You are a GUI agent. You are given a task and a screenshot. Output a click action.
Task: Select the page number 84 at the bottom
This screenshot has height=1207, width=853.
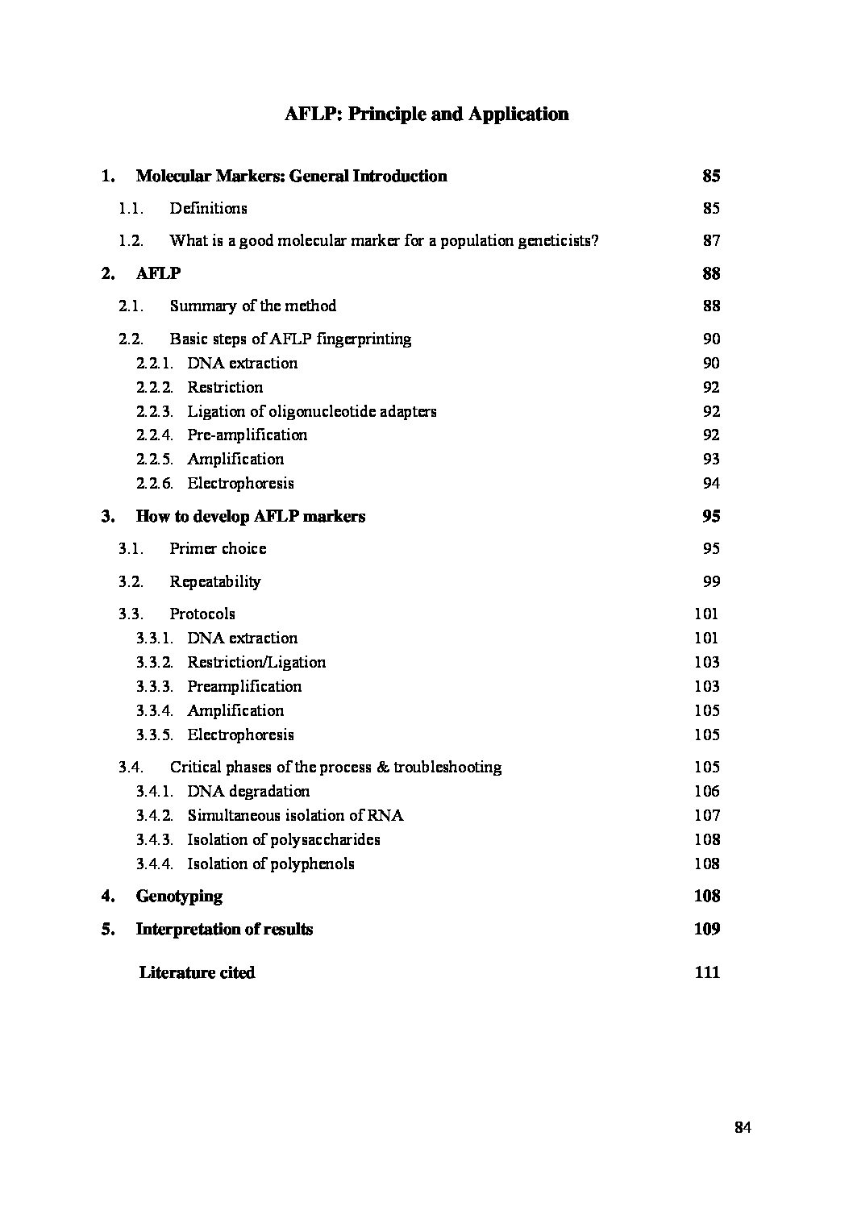pyautogui.click(x=743, y=1127)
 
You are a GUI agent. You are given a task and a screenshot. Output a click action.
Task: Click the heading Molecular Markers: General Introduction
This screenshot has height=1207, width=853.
pyautogui.click(x=291, y=176)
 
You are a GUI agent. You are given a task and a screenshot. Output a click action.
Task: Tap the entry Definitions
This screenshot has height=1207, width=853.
pyautogui.click(x=208, y=208)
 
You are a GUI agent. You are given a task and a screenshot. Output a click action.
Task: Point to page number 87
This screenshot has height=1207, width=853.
pyautogui.click(x=711, y=240)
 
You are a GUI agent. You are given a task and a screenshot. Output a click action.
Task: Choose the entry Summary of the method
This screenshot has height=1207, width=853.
pyautogui.click(x=252, y=306)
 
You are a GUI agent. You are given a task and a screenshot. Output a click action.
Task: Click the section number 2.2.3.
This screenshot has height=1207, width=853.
pyautogui.click(x=154, y=411)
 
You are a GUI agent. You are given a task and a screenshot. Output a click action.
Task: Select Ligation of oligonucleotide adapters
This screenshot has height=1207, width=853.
pyautogui.click(x=312, y=411)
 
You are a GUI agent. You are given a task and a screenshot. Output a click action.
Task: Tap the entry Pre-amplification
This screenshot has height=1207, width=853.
pyautogui.click(x=247, y=435)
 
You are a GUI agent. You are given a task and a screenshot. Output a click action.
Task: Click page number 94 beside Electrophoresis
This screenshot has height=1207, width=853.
pyautogui.click(x=711, y=483)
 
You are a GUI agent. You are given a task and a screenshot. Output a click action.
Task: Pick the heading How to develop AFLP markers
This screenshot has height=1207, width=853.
pyautogui.click(x=250, y=516)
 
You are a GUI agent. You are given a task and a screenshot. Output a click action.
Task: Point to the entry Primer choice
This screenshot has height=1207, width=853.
pyautogui.click(x=218, y=548)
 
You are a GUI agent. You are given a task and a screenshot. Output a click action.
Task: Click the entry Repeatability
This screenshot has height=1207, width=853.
pyautogui.click(x=215, y=581)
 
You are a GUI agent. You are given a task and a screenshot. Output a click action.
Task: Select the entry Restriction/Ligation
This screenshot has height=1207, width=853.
pyautogui.click(x=256, y=662)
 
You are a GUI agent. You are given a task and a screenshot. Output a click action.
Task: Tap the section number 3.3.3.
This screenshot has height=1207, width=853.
pyautogui.click(x=154, y=686)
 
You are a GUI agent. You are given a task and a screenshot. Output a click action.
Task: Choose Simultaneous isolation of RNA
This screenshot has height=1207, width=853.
pyautogui.click(x=295, y=815)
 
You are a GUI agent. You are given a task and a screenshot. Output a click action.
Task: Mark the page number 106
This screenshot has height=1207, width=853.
pyautogui.click(x=707, y=791)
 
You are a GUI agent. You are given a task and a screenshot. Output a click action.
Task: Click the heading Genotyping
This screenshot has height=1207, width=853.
pyautogui.click(x=179, y=896)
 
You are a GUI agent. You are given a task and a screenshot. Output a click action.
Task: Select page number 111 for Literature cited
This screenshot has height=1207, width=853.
pyautogui.click(x=707, y=972)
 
